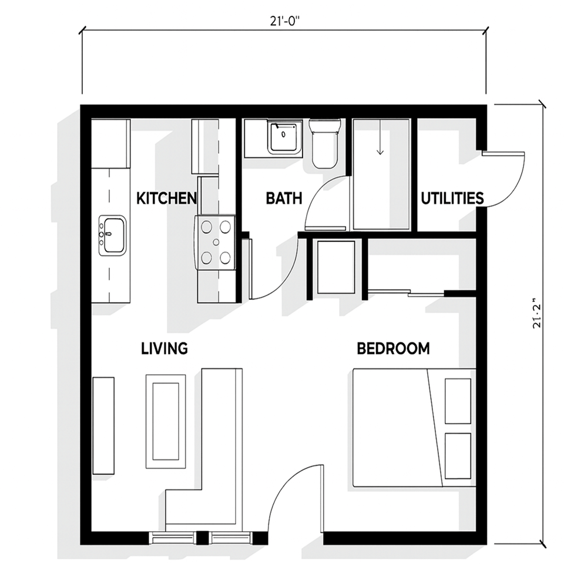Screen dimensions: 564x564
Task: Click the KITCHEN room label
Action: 166,198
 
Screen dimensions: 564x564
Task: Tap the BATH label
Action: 284,198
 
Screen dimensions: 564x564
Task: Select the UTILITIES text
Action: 452,198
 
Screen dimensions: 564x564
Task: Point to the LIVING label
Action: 164,348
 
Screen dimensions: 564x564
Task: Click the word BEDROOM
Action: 393,348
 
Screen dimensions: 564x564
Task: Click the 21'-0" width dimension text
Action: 285,21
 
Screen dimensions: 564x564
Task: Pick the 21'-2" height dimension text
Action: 537,313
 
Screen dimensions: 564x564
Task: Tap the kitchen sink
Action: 113,236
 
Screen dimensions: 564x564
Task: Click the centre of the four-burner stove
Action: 216,242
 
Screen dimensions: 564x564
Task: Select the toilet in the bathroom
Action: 324,143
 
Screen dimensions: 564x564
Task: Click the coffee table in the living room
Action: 166,421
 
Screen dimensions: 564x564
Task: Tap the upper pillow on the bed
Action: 458,401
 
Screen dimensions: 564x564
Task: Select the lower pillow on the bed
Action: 458,456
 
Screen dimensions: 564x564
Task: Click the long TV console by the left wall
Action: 103,425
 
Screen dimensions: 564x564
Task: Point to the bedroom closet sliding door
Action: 407,294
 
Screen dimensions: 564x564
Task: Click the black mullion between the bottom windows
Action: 202,538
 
